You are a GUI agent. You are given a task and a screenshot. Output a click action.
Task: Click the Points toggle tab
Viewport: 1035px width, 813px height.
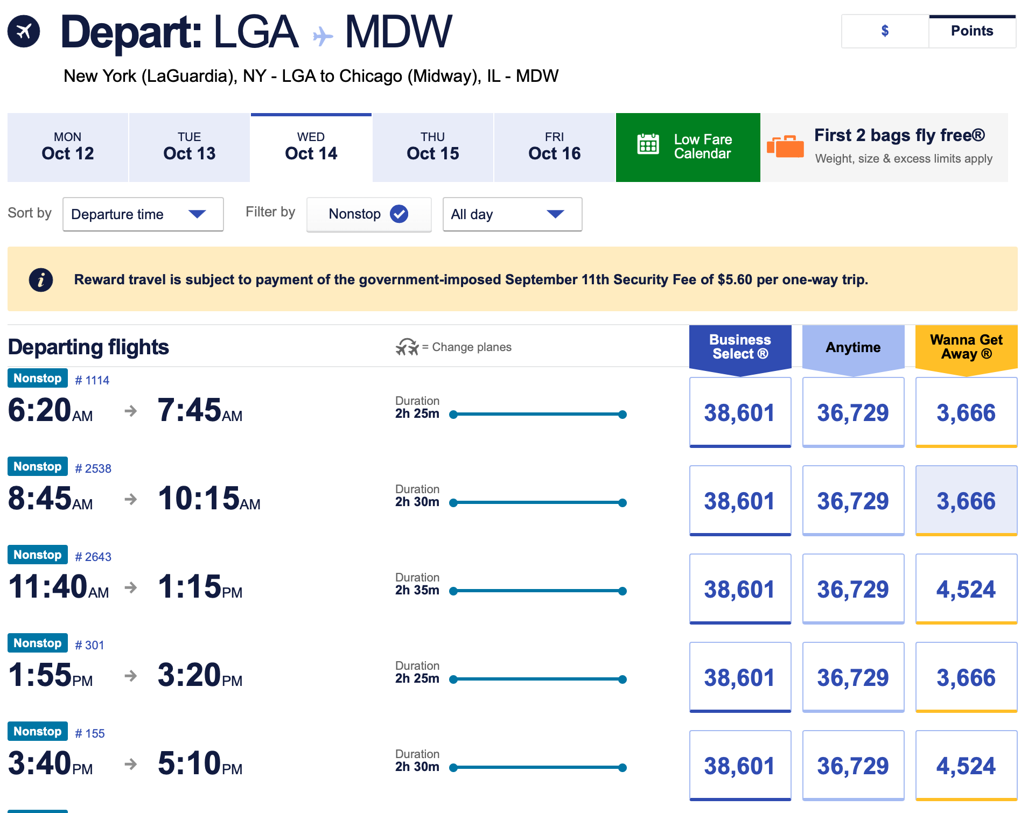point(971,31)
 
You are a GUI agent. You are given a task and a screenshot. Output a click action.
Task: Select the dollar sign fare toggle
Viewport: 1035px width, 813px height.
point(885,31)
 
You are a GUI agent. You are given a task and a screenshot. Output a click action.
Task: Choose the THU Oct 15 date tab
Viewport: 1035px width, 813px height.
point(432,147)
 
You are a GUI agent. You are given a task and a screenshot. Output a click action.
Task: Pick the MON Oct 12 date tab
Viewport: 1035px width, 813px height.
point(68,147)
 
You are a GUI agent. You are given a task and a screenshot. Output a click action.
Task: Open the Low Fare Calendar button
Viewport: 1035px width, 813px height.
point(688,147)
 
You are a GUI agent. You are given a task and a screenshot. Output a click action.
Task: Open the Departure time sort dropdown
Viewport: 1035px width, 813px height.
point(143,214)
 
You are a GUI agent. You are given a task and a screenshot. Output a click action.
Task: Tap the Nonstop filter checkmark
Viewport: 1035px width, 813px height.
point(399,214)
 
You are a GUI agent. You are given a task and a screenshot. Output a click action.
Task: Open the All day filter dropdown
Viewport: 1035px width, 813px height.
point(512,214)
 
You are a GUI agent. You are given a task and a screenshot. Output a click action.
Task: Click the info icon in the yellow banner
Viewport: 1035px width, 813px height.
point(41,279)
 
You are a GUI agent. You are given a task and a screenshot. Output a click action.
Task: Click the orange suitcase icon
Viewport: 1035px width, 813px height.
point(785,146)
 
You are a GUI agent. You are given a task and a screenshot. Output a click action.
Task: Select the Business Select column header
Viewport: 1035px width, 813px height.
point(740,347)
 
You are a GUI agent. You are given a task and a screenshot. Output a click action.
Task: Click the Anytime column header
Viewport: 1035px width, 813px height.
point(853,347)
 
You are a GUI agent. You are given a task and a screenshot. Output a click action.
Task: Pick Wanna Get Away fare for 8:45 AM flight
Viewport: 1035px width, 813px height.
point(966,501)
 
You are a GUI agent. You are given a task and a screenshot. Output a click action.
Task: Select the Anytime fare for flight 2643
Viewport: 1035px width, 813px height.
point(852,589)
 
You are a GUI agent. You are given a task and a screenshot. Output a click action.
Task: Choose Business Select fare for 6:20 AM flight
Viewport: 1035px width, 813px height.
point(739,412)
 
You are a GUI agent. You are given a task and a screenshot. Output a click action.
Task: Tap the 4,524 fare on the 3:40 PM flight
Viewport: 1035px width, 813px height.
point(966,766)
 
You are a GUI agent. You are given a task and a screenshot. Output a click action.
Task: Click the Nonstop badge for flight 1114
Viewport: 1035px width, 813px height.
point(38,378)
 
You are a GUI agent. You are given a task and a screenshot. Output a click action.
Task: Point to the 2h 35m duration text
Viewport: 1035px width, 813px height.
point(417,590)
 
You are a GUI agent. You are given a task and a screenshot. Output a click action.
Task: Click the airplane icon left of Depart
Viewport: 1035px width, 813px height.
point(24,32)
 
